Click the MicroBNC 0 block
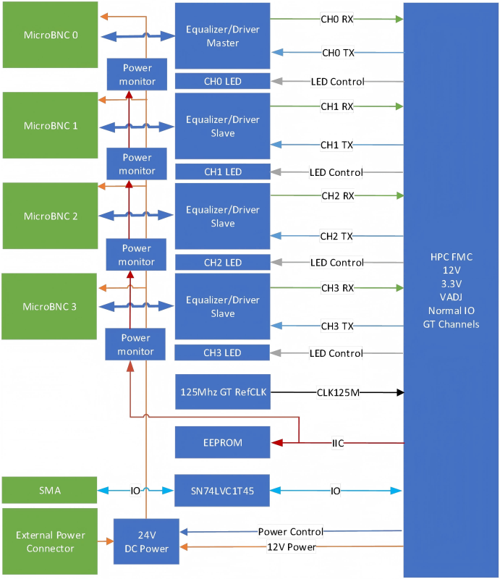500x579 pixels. (x=50, y=35)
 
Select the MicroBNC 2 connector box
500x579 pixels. (x=50, y=216)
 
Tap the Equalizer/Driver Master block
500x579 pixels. (x=222, y=36)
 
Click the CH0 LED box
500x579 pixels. (x=222, y=82)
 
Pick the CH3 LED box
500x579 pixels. (x=222, y=353)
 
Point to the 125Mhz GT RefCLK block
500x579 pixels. (x=222, y=392)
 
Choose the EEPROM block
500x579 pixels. (x=222, y=442)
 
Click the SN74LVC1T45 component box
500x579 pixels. (x=222, y=491)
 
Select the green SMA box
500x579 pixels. (x=50, y=491)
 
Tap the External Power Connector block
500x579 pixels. (x=50, y=542)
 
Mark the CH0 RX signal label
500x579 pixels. (x=337, y=20)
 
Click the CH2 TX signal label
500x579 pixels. (x=337, y=236)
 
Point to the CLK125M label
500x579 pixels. (x=338, y=392)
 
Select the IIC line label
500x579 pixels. (x=337, y=442)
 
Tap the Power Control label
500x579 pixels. (x=291, y=532)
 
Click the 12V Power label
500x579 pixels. (x=291, y=547)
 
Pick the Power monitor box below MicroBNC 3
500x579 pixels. (x=137, y=345)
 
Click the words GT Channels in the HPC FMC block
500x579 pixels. (x=451, y=324)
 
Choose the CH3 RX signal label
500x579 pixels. (x=337, y=288)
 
